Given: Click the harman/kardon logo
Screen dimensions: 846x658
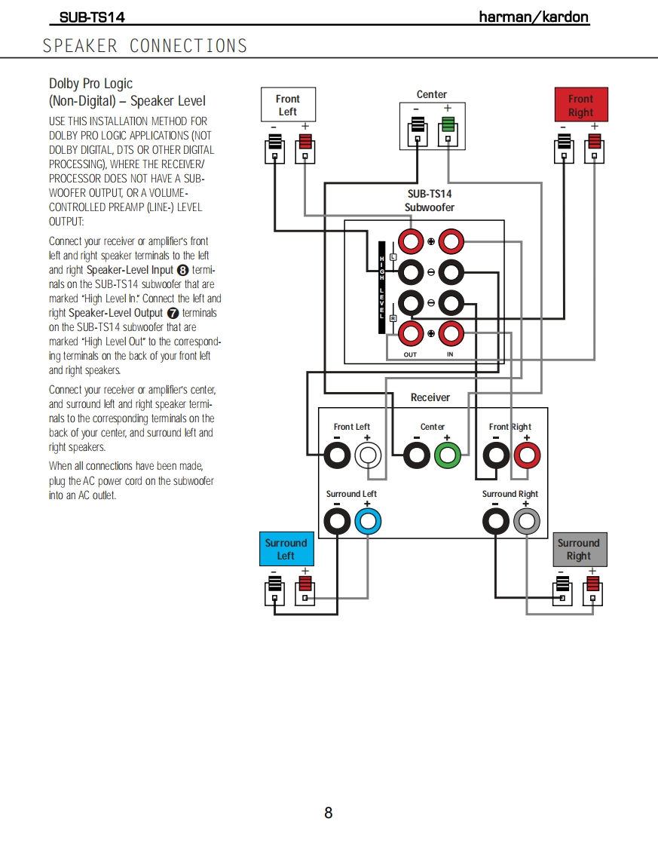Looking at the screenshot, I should point(534,17).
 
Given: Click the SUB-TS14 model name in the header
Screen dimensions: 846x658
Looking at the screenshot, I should point(92,17).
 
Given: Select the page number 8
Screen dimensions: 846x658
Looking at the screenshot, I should point(329,813).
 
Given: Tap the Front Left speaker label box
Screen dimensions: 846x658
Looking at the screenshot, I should point(288,105).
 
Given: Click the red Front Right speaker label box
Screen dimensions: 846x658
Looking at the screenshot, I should point(580,105).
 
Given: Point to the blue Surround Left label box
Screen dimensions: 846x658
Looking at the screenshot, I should point(286,549).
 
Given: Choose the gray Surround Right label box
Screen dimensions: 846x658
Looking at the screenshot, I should point(578,549).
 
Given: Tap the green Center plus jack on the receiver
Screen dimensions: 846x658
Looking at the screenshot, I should point(447,455).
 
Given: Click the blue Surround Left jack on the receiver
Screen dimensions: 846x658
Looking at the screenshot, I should point(368,521).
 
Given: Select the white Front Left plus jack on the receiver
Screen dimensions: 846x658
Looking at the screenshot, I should point(368,455).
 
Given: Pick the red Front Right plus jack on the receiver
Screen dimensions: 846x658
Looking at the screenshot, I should point(526,455).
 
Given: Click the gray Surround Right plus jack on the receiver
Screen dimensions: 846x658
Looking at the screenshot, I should point(526,521).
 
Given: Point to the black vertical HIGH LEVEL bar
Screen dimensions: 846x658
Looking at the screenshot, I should point(382,287).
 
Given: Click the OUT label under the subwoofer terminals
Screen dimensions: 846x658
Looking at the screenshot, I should point(410,354).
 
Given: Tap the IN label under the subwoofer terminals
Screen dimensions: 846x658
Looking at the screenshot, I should point(450,354).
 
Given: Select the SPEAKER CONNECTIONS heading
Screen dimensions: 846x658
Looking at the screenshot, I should point(145,46).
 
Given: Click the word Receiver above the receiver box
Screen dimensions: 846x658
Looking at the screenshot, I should point(430,397).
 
